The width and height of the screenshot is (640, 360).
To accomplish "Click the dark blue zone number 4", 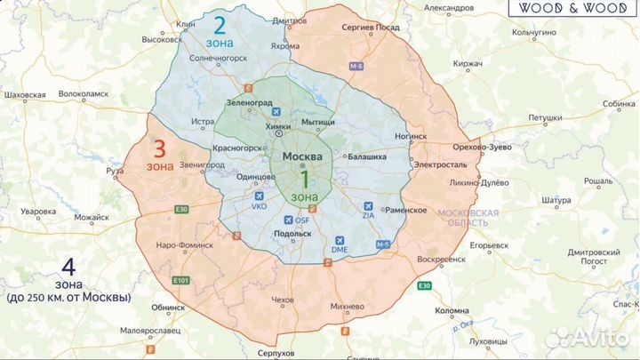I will (67, 266).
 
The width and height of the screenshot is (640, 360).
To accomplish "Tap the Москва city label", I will (302, 156).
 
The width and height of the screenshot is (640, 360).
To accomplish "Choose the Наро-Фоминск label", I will (184, 244).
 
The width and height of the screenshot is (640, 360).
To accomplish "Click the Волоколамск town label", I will (83, 93).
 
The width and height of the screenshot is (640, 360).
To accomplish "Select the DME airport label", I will (340, 251).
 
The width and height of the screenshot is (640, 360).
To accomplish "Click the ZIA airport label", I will (369, 214).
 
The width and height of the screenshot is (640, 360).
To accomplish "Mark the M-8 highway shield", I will (356, 67).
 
